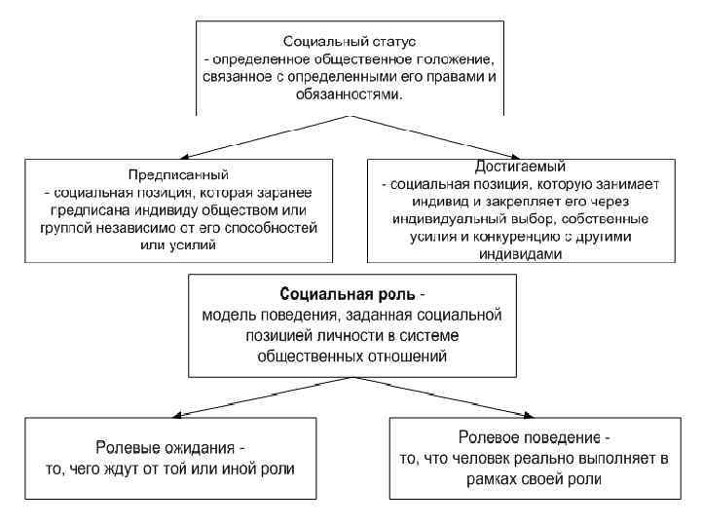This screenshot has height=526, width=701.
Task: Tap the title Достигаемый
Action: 524,166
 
